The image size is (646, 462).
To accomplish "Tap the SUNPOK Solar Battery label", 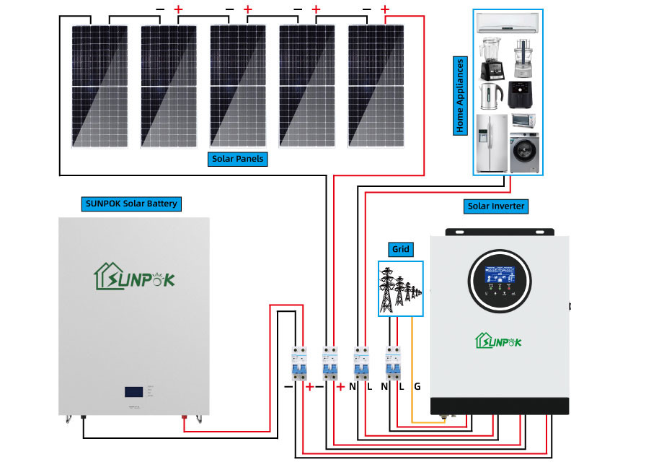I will [130, 204].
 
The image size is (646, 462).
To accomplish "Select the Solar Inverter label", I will [496, 206].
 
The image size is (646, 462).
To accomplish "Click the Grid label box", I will [401, 250].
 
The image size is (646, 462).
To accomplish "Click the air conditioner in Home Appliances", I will [508, 25].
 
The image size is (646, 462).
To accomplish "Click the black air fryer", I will [521, 94].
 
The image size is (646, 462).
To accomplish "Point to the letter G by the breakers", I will [417, 387].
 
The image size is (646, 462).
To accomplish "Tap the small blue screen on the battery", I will [133, 392].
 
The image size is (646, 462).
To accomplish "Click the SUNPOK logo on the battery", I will [134, 276].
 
